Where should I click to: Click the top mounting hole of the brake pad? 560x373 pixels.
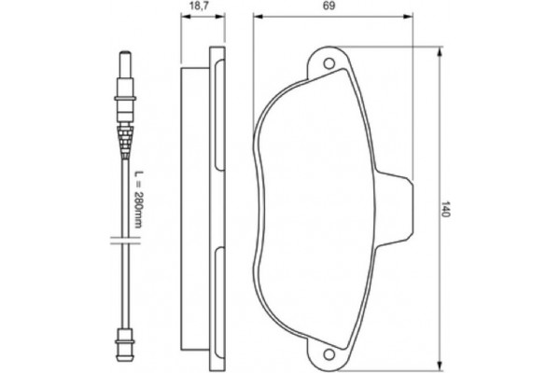(329, 63)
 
